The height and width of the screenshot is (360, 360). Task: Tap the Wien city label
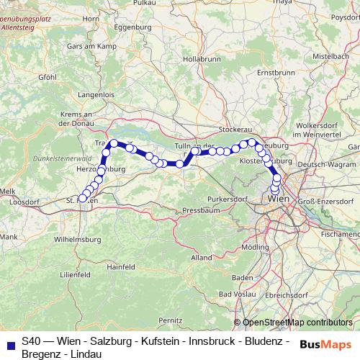279,197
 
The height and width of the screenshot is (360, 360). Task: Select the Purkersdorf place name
228,197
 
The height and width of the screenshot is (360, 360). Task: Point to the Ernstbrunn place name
277,73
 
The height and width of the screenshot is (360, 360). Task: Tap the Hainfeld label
122,266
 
